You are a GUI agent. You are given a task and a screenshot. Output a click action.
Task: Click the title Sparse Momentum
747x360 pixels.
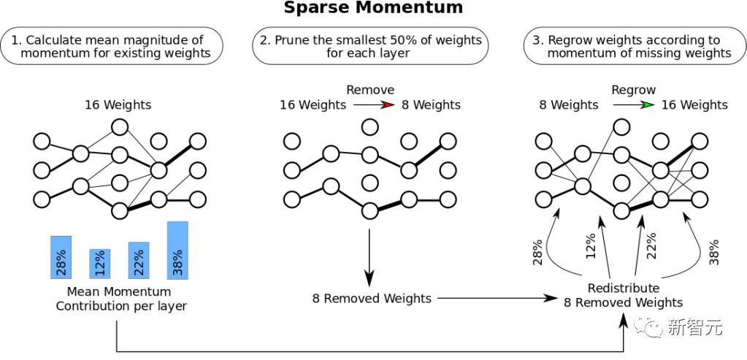(x=373, y=9)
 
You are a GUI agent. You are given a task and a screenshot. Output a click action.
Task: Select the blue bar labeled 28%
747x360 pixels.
(x=61, y=257)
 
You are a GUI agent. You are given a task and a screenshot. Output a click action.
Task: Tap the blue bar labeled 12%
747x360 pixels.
(x=99, y=264)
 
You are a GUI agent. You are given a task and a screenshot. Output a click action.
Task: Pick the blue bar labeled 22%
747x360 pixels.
(x=138, y=260)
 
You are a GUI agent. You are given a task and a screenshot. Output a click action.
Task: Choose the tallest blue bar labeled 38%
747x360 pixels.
(x=177, y=250)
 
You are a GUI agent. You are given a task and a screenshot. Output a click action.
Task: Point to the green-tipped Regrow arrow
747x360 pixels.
(x=632, y=105)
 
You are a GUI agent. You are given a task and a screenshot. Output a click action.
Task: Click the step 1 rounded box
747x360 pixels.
(x=113, y=46)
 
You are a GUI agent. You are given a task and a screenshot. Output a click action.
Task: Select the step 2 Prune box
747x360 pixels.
(x=369, y=46)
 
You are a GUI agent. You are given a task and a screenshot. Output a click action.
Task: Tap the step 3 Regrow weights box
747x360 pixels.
(x=632, y=46)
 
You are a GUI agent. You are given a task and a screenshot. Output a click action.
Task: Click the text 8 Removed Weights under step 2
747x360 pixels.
(x=371, y=298)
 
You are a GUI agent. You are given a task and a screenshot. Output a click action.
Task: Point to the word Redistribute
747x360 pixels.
(x=623, y=288)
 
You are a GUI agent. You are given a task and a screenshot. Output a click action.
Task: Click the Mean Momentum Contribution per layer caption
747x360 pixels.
(x=121, y=299)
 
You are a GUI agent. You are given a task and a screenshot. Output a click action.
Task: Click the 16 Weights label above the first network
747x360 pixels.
(x=118, y=104)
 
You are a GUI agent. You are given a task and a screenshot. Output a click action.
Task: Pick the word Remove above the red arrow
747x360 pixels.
(x=369, y=90)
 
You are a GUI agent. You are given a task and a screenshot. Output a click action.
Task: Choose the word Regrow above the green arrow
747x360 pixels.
(x=633, y=90)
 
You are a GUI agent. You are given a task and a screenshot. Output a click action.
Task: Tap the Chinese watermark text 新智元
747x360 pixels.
(x=695, y=328)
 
